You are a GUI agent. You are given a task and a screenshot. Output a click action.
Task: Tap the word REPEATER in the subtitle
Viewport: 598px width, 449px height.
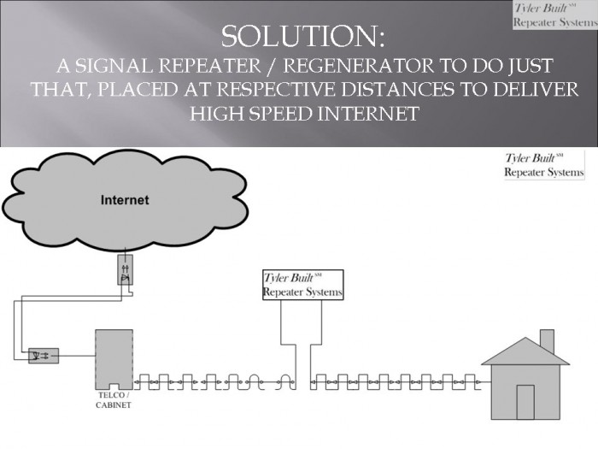click(209, 66)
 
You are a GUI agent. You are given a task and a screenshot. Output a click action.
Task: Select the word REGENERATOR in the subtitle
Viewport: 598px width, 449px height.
click(359, 66)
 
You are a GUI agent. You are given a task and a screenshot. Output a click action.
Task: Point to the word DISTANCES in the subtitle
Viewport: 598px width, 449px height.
click(397, 89)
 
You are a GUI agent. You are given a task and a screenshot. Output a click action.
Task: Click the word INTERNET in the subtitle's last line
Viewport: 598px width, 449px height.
click(368, 114)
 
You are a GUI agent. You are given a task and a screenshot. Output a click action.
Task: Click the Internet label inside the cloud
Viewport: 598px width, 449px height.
click(125, 200)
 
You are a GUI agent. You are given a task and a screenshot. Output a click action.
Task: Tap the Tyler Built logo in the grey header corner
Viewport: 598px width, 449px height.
click(555, 15)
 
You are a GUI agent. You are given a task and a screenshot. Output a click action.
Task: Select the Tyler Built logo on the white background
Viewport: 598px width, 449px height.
click(544, 165)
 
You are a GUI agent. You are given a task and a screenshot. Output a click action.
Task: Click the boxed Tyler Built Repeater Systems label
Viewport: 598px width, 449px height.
click(303, 285)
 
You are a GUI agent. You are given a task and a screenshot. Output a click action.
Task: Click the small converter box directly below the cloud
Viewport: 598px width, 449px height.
click(125, 269)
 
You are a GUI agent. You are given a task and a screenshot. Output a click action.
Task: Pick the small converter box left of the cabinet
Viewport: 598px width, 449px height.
click(44, 356)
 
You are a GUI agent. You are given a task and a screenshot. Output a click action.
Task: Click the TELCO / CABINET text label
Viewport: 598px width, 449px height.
click(114, 400)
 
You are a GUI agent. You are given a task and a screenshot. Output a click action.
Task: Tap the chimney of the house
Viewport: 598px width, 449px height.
click(548, 341)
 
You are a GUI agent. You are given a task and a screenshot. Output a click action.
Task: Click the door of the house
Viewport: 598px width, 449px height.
click(525, 403)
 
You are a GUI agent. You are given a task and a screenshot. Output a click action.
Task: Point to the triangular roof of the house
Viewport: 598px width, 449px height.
click(525, 352)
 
